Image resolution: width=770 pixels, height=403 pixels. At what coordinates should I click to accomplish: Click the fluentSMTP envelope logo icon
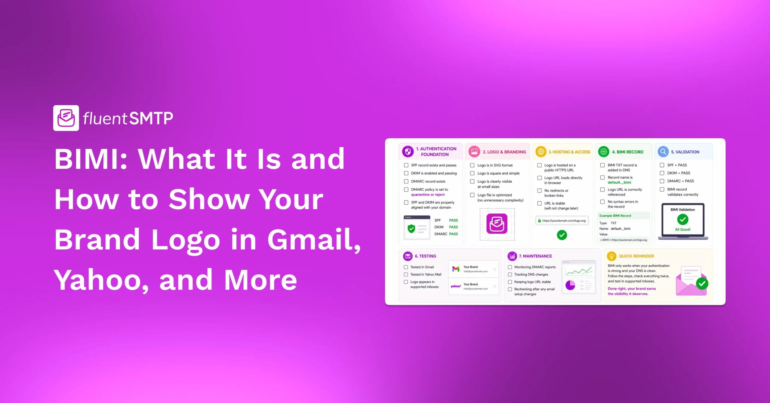[66, 118]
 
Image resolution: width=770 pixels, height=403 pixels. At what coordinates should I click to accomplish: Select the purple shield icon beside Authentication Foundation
[408, 152]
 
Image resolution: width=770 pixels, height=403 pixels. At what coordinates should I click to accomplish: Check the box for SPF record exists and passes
[406, 165]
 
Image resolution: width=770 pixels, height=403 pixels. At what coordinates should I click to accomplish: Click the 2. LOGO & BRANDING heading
[504, 152]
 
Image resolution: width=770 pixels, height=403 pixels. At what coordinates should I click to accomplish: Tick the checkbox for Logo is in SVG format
[472, 165]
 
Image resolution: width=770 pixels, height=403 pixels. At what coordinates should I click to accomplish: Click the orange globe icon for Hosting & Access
[541, 152]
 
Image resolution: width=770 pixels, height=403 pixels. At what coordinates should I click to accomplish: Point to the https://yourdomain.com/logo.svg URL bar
[562, 220]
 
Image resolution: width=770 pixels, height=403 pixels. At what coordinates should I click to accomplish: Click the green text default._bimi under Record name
[619, 182]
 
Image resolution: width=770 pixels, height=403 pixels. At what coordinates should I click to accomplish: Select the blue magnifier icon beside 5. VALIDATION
[663, 152]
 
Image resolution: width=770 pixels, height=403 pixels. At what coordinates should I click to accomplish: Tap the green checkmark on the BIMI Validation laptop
[682, 220]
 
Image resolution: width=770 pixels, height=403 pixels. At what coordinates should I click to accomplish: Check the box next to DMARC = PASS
[662, 181]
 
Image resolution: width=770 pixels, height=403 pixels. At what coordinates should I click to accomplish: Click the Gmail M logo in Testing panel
[456, 269]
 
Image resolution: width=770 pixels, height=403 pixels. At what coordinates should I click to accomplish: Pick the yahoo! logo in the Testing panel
[456, 286]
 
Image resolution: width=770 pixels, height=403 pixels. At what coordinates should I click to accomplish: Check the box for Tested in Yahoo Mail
[406, 274]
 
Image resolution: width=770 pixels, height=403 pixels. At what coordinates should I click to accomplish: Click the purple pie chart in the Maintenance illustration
[570, 285]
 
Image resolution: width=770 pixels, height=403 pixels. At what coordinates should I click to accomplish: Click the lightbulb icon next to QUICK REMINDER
[611, 256]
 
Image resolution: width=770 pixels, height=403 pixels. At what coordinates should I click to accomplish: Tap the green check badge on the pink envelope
[702, 283]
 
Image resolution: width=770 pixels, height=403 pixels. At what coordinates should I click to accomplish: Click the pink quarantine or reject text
[428, 195]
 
